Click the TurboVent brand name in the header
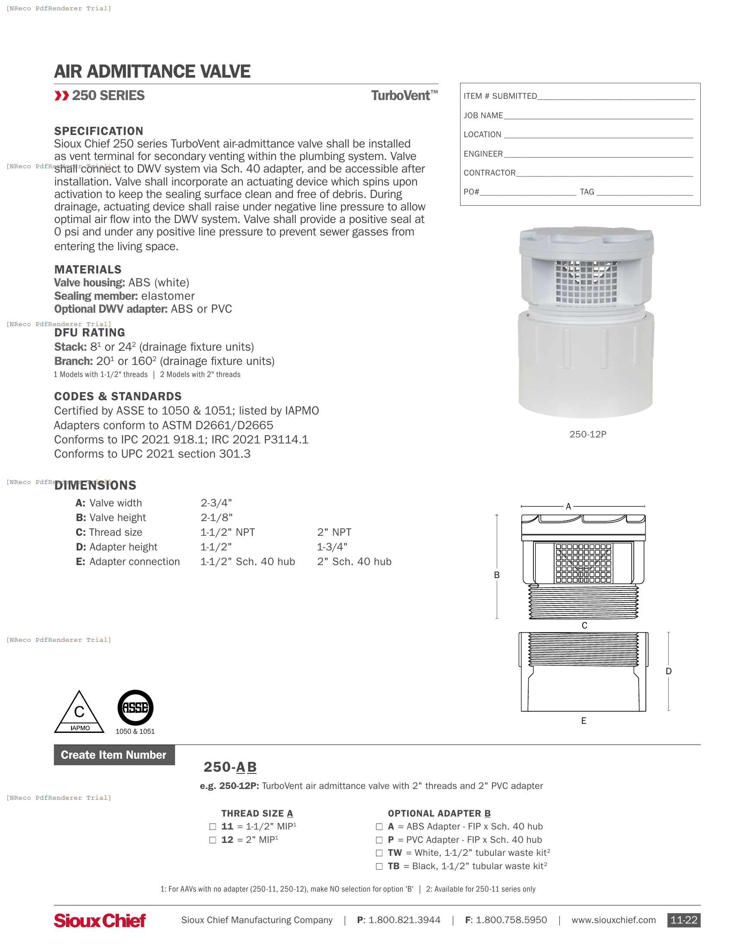point(404,96)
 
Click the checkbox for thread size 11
point(213,826)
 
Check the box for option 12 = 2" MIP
point(213,840)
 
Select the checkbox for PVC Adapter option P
point(379,840)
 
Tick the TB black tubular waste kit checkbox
point(379,867)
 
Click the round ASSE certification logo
point(135,707)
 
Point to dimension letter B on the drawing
point(497,575)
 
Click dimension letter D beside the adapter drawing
point(669,671)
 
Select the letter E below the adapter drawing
point(584,721)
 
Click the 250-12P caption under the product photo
point(588,434)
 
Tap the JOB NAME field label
point(483,116)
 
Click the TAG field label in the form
point(587,192)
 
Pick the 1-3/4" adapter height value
point(332,547)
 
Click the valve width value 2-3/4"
point(216,503)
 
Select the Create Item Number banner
point(114,755)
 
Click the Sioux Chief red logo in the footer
point(100,921)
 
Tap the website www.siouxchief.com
point(613,920)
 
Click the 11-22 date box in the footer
point(683,920)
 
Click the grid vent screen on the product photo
point(586,283)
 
